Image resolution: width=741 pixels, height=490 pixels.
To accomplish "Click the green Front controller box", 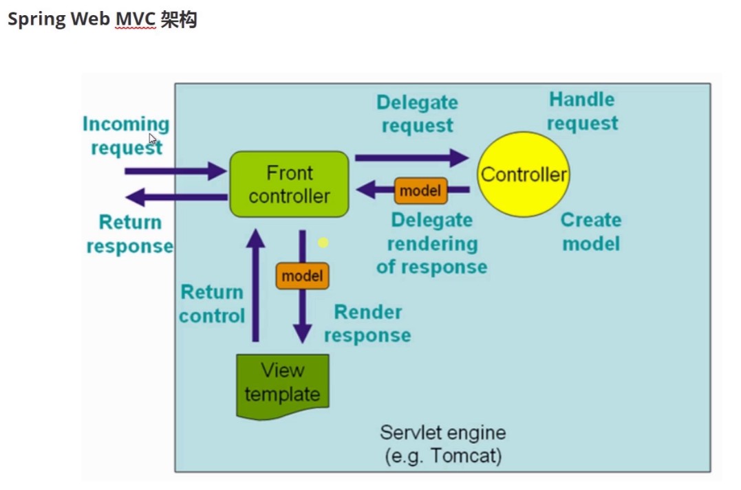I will (x=289, y=184).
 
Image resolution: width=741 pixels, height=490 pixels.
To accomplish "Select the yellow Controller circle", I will (x=523, y=174).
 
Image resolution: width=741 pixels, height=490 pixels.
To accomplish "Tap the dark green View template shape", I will (x=282, y=385).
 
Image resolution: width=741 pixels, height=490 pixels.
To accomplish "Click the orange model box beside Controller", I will (x=420, y=190).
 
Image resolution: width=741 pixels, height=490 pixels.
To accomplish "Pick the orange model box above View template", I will (x=302, y=276).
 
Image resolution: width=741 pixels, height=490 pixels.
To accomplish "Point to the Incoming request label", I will (x=127, y=135).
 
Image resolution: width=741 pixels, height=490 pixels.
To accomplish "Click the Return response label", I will (x=129, y=234).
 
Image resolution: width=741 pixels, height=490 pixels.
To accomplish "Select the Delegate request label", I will (x=417, y=114).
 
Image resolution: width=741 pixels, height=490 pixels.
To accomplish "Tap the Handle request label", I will (x=582, y=111).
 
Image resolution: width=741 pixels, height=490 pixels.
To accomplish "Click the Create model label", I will (x=590, y=232).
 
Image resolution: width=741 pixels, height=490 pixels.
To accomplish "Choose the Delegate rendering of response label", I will (x=431, y=243).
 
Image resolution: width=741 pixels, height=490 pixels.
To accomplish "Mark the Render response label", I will (x=367, y=324).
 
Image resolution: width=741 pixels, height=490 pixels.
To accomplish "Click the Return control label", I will (x=212, y=304).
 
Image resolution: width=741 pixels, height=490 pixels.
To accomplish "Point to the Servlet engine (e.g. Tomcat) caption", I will (x=442, y=444).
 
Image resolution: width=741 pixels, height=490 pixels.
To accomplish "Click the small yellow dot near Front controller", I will (x=323, y=243).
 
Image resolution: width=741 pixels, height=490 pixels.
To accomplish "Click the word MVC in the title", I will (x=135, y=19).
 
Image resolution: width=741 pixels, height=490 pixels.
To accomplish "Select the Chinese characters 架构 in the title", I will (x=179, y=19).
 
